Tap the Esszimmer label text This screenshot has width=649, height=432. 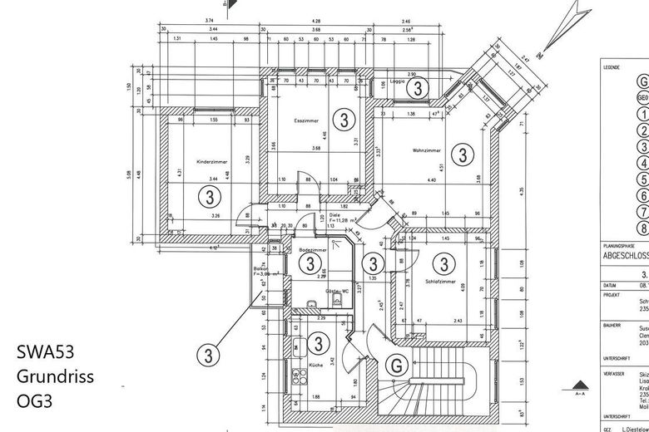(x=307, y=121)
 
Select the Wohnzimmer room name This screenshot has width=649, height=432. (x=425, y=150)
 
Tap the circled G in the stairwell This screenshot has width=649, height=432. (x=399, y=364)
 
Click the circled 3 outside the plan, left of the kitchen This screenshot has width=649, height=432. (x=208, y=353)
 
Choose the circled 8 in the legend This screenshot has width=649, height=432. (x=642, y=228)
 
